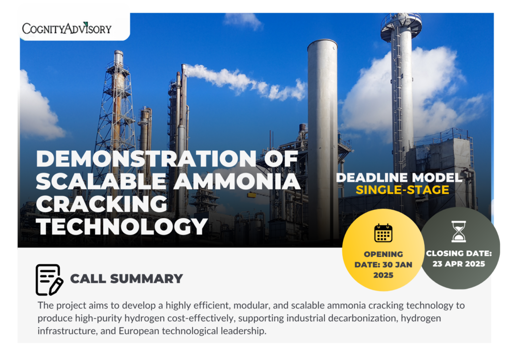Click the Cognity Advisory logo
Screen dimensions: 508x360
click(67, 28)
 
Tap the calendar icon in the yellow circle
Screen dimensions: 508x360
click(383, 233)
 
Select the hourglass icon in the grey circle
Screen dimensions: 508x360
click(459, 232)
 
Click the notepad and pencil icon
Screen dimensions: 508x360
click(49, 280)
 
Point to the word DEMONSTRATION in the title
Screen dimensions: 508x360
click(146, 159)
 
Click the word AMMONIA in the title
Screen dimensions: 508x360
click(237, 181)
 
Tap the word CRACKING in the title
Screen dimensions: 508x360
click(101, 204)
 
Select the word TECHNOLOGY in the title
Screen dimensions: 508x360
click(122, 226)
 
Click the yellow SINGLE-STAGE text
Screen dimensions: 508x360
click(402, 190)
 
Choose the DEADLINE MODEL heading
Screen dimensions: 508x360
click(399, 178)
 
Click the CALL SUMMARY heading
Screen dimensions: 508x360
click(127, 279)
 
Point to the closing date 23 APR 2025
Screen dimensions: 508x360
click(459, 264)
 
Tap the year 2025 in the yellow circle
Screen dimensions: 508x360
click(383, 275)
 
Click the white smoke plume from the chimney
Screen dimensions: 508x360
click(246, 81)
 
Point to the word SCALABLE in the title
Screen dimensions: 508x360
click(101, 181)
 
